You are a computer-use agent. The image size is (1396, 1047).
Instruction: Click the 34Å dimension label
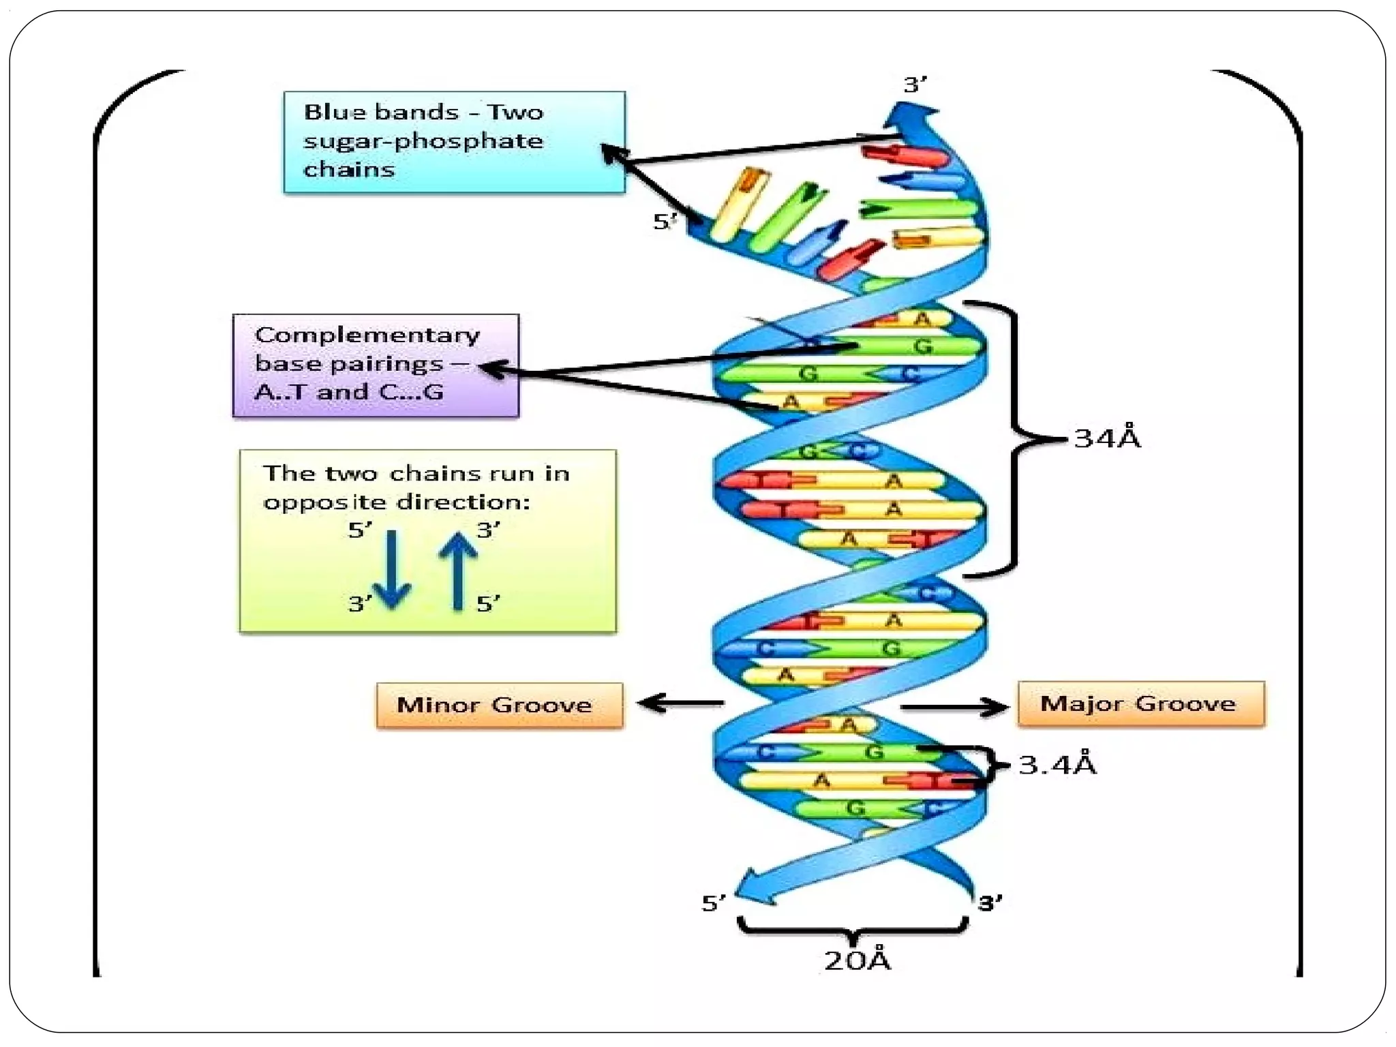pos(1106,438)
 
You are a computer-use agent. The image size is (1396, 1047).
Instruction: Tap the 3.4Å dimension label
pos(1057,764)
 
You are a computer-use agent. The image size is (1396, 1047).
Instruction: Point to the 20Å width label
pos(857,960)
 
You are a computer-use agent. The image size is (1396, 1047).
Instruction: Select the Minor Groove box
pos(499,705)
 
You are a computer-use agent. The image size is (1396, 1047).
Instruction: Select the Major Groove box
pos(1140,703)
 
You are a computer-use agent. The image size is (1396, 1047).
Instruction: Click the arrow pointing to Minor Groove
pos(679,702)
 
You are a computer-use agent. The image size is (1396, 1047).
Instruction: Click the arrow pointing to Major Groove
pos(954,707)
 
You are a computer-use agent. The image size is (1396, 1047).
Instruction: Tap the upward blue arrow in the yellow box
pos(458,571)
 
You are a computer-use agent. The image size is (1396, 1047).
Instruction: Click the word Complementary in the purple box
pos(367,335)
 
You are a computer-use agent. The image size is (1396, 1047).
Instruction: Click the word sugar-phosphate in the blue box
pos(423,141)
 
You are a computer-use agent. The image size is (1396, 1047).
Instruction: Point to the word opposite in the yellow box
pos(324,502)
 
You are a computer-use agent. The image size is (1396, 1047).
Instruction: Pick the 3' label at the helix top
pos(915,85)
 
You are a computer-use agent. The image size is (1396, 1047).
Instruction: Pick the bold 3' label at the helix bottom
pos(990,903)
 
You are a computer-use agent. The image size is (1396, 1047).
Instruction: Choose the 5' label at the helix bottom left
pos(714,903)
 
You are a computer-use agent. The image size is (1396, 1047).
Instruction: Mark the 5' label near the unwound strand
pos(665,222)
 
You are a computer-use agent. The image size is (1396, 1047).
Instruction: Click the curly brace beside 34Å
pos(1016,439)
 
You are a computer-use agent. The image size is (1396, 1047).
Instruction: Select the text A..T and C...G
pos(348,392)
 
